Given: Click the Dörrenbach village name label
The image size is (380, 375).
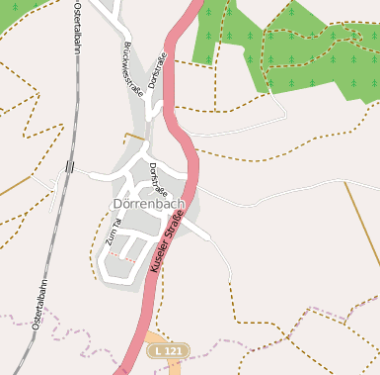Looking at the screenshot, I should (150, 204).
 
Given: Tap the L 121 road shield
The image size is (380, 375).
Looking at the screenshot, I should (166, 351).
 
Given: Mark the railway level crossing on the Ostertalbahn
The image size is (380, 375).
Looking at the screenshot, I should (68, 166).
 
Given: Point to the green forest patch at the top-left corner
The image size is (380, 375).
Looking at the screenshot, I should (20, 8).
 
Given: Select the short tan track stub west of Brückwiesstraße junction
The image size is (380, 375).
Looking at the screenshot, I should (133, 136).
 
